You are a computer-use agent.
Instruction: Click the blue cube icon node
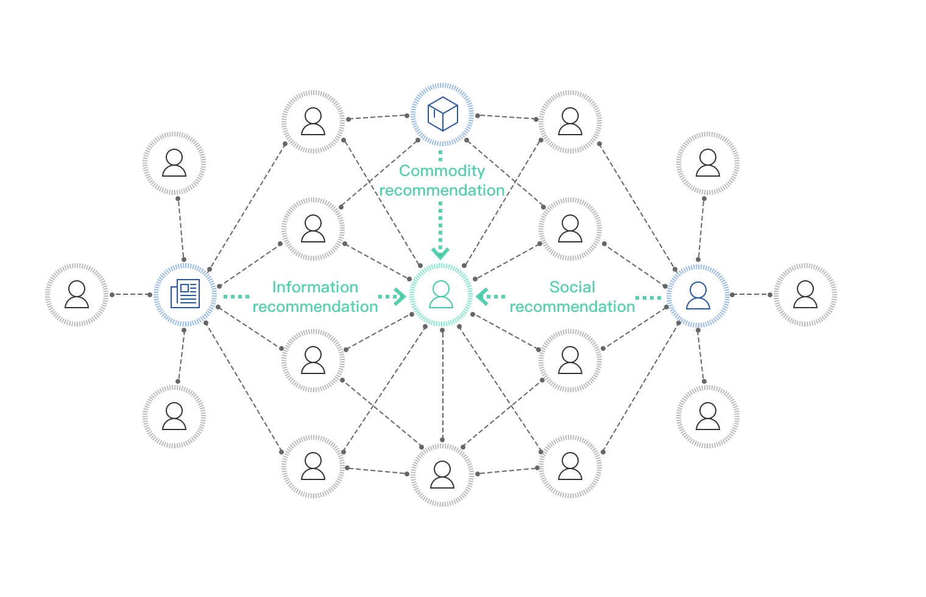click(x=442, y=114)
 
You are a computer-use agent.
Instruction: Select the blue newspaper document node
click(x=185, y=294)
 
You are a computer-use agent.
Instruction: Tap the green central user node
click(x=441, y=294)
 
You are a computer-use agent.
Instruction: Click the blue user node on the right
click(x=698, y=295)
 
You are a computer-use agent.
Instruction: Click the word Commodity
click(x=442, y=171)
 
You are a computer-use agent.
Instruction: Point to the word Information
click(x=314, y=287)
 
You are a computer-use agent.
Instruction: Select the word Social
click(x=571, y=287)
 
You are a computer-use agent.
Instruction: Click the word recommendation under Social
click(x=572, y=306)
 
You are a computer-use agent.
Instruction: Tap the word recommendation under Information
click(x=315, y=306)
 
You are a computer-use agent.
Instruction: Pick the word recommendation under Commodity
click(x=442, y=190)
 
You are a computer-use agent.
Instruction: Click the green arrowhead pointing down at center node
click(x=440, y=252)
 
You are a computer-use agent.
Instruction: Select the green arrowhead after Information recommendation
click(x=400, y=297)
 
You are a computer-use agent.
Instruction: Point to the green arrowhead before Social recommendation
click(x=482, y=297)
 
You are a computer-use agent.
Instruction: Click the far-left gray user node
click(x=77, y=294)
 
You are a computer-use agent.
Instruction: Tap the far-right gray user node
click(x=805, y=294)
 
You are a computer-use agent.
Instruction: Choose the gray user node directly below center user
click(x=442, y=475)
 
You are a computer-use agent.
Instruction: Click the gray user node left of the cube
click(x=313, y=121)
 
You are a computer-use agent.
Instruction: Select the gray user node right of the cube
click(x=570, y=121)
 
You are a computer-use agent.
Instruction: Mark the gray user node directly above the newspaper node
click(x=174, y=163)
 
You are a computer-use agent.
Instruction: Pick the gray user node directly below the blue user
click(x=708, y=417)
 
